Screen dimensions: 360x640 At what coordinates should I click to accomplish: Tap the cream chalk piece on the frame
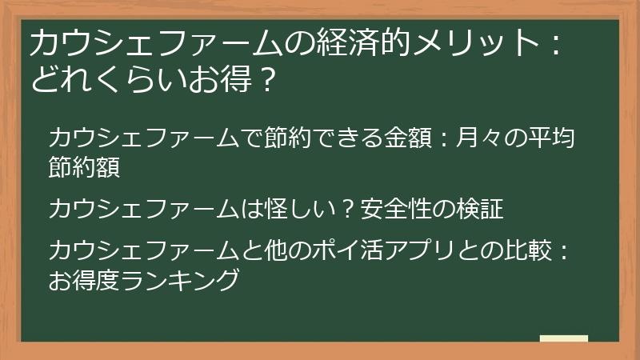coord(563,339)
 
